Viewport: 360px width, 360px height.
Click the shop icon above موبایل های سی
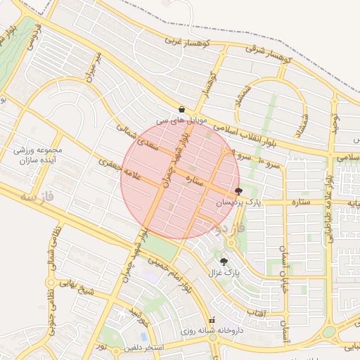click(182, 110)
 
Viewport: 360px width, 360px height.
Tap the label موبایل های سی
click(183, 121)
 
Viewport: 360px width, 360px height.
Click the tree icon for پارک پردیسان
click(238, 191)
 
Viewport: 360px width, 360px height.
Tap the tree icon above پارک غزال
click(224, 261)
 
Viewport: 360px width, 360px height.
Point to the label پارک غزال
click(224, 271)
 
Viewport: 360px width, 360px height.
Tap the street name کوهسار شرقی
click(269, 49)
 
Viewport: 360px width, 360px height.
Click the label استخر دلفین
click(143, 347)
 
